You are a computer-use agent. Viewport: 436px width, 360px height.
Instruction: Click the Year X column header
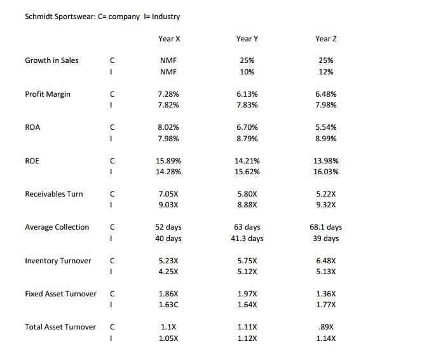tap(168, 39)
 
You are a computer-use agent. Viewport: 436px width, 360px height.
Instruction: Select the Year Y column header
tap(247, 39)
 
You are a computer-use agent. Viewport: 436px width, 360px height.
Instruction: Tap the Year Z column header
tap(325, 39)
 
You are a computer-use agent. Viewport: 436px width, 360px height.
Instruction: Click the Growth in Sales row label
tap(51, 60)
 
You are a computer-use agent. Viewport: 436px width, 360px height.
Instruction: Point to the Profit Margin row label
tap(48, 94)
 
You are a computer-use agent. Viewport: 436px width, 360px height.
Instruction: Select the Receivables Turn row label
tap(53, 194)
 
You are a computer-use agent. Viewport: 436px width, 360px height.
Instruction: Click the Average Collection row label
tap(57, 227)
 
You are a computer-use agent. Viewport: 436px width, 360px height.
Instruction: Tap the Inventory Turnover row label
tap(58, 261)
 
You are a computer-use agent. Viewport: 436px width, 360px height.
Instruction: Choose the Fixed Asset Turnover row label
tap(60, 294)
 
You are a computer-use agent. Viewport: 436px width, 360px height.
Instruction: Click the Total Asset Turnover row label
tap(60, 327)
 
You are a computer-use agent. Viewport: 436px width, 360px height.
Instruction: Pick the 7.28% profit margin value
tap(168, 94)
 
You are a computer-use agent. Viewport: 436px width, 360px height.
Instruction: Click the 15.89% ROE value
tap(168, 161)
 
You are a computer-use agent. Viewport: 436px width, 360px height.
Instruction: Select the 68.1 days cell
tap(325, 227)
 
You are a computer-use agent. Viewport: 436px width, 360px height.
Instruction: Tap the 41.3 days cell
tap(247, 239)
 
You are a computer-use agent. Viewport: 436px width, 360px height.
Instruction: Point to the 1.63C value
tap(168, 305)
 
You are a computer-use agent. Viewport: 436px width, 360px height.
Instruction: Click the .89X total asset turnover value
tap(325, 327)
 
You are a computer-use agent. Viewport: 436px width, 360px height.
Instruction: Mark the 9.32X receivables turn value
tap(325, 205)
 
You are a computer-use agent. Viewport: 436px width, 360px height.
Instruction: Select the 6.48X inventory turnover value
tap(325, 261)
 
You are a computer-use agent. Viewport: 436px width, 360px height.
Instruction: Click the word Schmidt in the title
tap(39, 17)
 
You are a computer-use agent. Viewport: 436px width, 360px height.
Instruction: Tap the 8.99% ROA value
tap(325, 139)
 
